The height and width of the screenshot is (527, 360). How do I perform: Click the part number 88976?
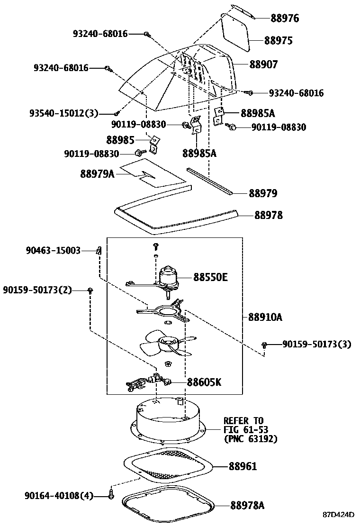(x=285, y=18)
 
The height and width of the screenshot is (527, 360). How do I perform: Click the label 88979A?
(x=97, y=174)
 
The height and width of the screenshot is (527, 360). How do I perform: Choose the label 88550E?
(x=210, y=277)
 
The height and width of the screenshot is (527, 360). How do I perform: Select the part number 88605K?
(x=204, y=382)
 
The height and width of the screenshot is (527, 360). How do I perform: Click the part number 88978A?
(x=247, y=505)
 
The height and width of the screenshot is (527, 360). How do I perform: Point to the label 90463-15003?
(x=53, y=250)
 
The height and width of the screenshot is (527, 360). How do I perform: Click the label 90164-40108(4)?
(x=59, y=496)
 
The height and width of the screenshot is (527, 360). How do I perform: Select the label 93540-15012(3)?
(x=63, y=113)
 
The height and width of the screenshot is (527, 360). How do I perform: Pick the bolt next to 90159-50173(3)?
(x=265, y=345)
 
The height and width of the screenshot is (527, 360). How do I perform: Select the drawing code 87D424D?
(x=339, y=515)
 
